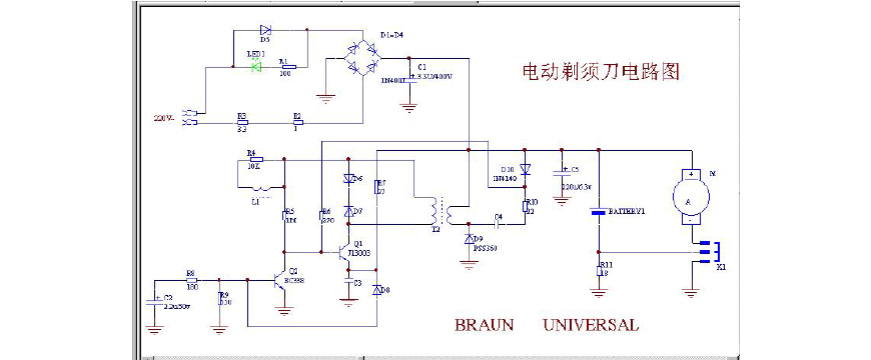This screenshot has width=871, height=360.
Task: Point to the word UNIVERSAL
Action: (590, 325)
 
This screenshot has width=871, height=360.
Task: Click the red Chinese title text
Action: (600, 73)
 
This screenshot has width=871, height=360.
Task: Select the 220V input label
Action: (163, 118)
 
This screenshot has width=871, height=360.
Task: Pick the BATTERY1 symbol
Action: (599, 212)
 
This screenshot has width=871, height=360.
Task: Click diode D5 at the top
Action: (266, 31)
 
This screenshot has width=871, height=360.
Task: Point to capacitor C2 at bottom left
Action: (153, 303)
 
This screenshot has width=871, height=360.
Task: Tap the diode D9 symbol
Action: (469, 239)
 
